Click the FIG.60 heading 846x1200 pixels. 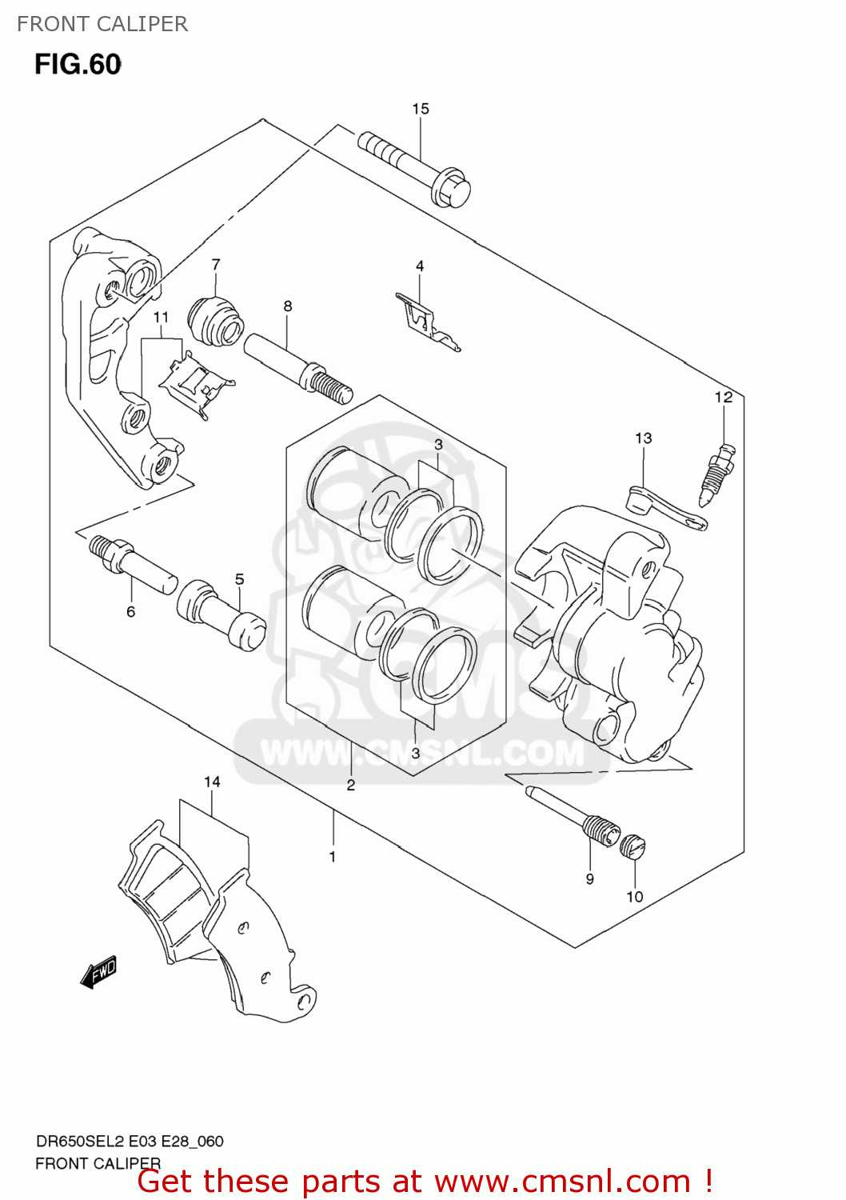(x=78, y=64)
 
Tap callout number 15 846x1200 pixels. (x=421, y=109)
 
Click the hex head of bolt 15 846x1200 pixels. (x=451, y=188)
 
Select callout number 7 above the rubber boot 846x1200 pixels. (x=216, y=264)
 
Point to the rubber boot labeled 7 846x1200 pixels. (x=216, y=322)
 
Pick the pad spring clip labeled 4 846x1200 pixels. (x=427, y=322)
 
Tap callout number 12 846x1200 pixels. (x=724, y=397)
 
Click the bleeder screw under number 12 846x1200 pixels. (x=717, y=474)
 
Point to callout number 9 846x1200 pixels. (x=589, y=878)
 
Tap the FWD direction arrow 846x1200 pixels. (x=98, y=971)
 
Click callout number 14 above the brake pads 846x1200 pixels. (x=212, y=782)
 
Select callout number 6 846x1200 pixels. (x=130, y=611)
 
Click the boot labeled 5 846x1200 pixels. (x=221, y=614)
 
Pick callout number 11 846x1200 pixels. (x=161, y=318)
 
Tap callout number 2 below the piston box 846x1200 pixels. (x=351, y=785)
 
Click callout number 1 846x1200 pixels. (x=332, y=857)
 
